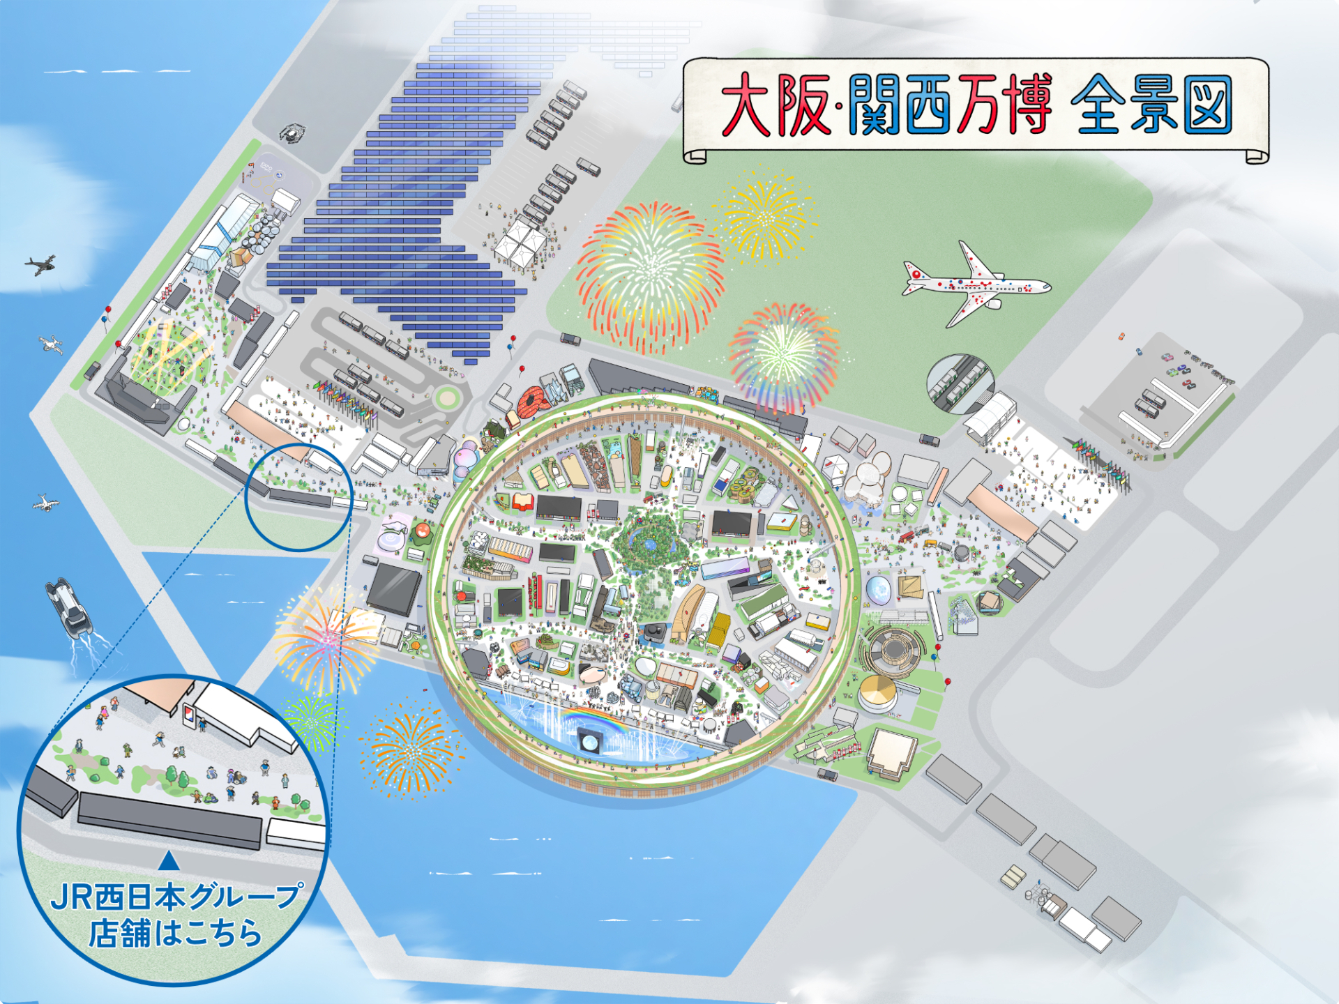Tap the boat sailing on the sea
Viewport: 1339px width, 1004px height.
tap(68, 607)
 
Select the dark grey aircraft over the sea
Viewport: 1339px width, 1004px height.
tap(40, 264)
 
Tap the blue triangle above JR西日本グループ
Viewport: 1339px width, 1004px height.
tap(169, 861)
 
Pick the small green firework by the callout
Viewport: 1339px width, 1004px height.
tap(312, 722)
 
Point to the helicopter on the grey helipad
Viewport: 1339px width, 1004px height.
tap(292, 132)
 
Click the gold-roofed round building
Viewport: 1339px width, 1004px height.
tap(878, 692)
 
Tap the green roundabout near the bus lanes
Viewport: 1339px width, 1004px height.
tap(447, 398)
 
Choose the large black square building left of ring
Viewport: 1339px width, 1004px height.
tap(394, 589)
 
